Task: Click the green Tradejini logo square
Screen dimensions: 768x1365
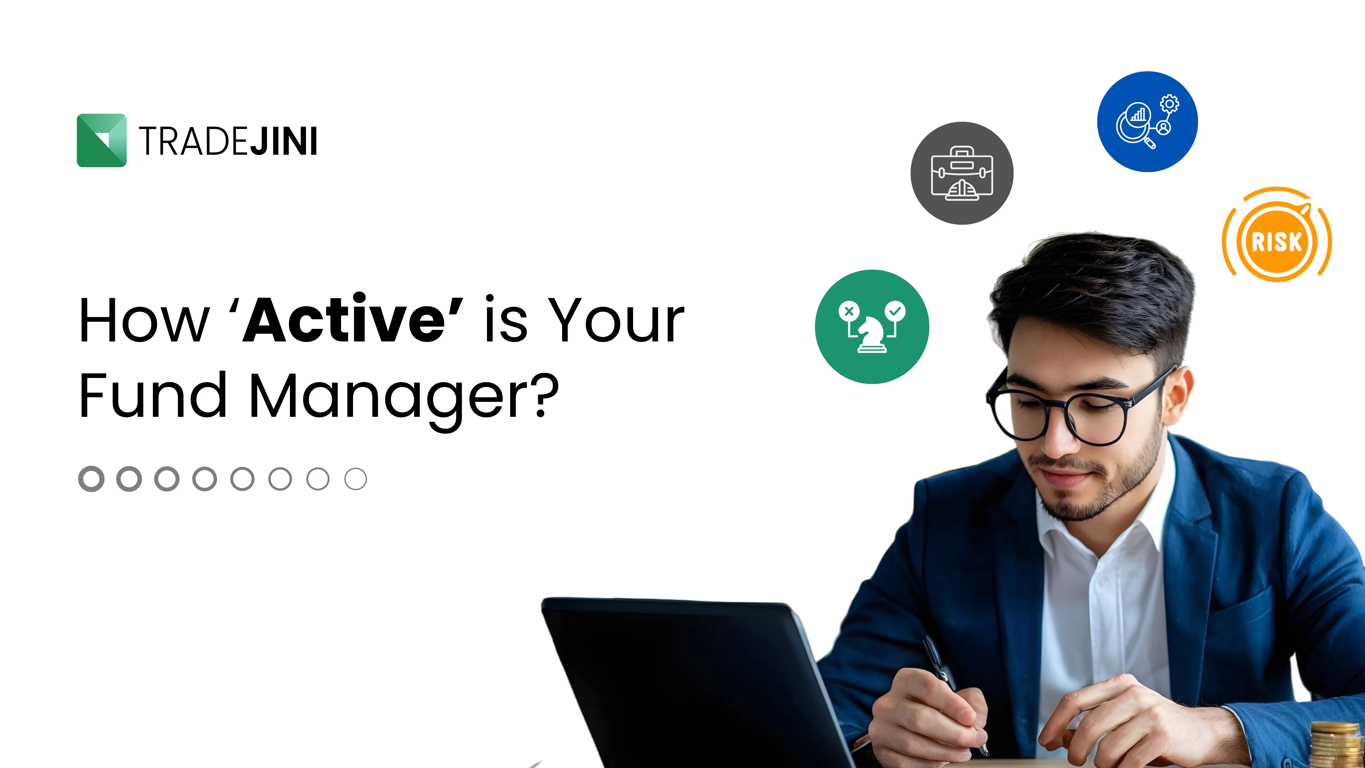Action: coord(102,140)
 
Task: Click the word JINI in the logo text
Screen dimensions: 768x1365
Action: coord(283,142)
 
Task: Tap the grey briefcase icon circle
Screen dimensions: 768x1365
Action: coord(962,173)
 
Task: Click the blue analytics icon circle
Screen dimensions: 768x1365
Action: coord(1147,122)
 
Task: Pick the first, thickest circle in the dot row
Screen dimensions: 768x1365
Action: coord(91,479)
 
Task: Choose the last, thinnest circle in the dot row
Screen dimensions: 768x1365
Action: coord(356,479)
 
